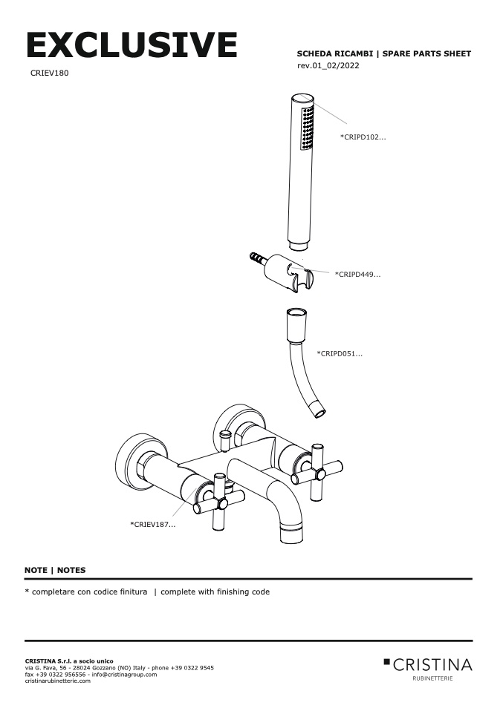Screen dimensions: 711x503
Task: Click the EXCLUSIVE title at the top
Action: [132, 45]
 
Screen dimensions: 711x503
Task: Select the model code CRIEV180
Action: [50, 73]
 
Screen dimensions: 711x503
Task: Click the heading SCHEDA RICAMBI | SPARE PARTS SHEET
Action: [383, 54]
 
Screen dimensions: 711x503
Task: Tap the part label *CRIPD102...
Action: [363, 137]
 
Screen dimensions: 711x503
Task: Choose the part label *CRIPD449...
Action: [357, 275]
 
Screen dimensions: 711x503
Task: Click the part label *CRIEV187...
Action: [153, 525]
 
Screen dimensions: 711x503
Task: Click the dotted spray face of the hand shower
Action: [307, 128]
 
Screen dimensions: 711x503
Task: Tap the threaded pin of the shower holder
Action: [257, 260]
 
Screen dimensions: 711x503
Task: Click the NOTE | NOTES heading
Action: [55, 570]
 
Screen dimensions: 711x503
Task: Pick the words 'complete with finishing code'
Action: [215, 592]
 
